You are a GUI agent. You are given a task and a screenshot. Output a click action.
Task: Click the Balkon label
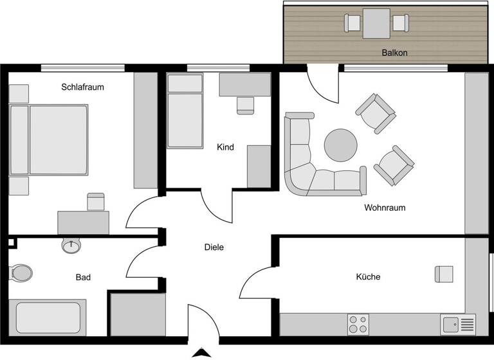395,53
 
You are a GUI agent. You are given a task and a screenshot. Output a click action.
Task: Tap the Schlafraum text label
82,87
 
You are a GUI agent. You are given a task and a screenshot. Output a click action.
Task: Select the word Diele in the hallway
214,247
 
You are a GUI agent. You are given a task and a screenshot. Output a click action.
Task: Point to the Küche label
368,277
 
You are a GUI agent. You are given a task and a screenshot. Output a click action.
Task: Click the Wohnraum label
385,208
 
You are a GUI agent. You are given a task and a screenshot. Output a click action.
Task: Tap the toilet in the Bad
21,273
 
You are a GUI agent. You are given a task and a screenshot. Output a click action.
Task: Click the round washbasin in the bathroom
71,246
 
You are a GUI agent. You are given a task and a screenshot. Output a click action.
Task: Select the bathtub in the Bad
48,317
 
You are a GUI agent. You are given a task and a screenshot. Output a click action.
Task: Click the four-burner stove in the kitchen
358,324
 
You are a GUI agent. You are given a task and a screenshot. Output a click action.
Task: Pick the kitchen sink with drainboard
458,324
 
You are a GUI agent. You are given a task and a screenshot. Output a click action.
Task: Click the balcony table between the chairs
376,23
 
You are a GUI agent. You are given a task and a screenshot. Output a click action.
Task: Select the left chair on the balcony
352,23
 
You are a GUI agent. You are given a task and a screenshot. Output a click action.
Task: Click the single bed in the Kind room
185,111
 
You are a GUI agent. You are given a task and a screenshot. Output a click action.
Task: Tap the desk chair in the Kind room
245,105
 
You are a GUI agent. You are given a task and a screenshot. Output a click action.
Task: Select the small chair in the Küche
444,274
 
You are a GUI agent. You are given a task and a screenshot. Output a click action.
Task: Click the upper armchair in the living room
376,113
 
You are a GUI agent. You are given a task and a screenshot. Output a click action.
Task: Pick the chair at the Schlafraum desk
95,202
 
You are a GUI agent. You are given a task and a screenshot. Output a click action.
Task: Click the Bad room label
83,278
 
